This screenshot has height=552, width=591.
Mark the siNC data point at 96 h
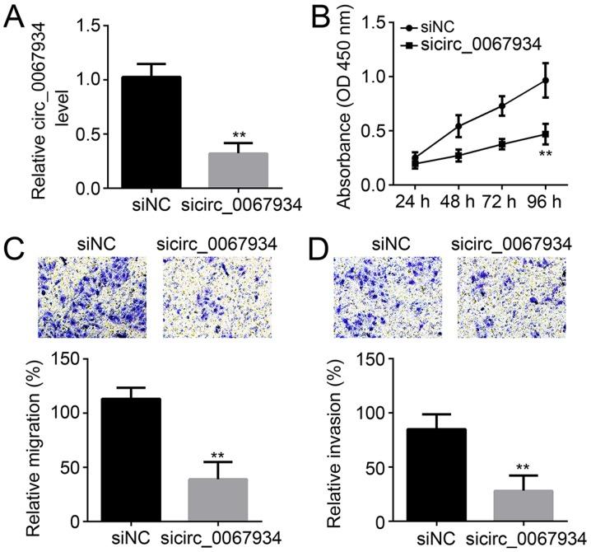click(544, 80)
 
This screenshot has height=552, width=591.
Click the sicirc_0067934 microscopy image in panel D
click(510, 295)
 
